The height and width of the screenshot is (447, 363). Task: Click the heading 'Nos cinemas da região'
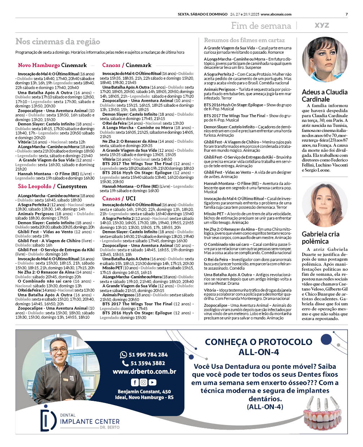pos(58,42)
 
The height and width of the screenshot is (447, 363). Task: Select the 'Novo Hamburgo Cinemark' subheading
pos(52,65)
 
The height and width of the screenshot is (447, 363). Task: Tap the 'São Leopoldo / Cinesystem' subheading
pos(52,186)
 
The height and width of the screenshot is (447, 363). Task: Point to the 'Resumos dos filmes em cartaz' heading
pos(244,40)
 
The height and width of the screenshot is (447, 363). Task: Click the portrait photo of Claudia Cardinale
pos(324,60)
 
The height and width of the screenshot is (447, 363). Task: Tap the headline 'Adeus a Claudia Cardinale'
pos(324,96)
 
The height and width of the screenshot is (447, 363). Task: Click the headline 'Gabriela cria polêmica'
pos(320,238)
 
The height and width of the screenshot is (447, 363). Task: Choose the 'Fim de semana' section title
pos(261,26)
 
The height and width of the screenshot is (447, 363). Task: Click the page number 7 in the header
pos(346,14)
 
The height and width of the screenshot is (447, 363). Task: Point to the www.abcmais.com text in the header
pos(276,14)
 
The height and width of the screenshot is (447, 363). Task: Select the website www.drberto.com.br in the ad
pos(144,372)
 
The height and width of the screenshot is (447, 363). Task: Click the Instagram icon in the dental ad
pos(144,382)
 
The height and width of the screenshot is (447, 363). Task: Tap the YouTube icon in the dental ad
pos(153,382)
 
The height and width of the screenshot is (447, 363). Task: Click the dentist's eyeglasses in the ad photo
pos(59,350)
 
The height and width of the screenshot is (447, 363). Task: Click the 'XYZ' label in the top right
pos(322,25)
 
